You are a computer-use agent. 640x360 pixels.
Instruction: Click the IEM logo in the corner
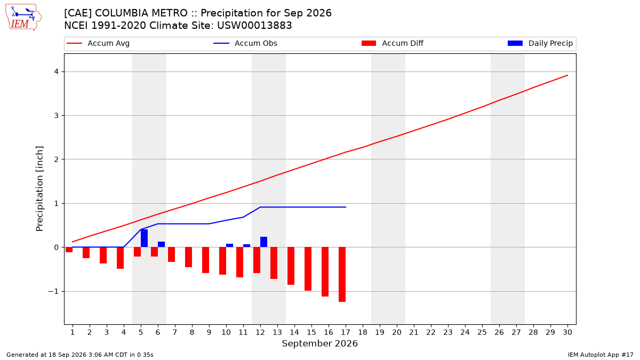coord(23,18)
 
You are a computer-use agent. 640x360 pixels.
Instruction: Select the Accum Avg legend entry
coord(98,43)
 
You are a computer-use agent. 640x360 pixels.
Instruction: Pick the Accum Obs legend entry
coord(245,43)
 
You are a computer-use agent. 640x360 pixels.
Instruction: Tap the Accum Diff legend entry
coord(393,43)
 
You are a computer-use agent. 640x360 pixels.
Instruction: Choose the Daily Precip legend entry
coord(540,43)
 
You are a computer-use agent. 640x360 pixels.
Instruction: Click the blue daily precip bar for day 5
coord(145,238)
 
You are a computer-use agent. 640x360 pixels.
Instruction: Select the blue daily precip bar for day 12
coord(263,242)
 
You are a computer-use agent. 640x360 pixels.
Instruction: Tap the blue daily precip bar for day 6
coord(162,245)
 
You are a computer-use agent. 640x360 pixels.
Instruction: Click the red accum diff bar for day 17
coord(342,275)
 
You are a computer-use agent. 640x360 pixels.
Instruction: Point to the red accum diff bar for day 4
coord(121,258)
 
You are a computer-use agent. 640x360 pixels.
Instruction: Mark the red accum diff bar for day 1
coord(69,250)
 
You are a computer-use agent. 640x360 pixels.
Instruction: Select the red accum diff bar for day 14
coord(291,266)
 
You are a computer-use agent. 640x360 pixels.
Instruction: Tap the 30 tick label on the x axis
coord(567,332)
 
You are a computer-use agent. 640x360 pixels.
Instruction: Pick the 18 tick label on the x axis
coord(363,332)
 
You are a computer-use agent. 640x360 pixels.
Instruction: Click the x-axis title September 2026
coord(319,343)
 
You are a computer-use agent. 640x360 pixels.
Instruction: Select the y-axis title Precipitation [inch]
coord(39,189)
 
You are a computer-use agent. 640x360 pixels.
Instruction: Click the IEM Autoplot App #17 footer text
coord(601,355)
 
